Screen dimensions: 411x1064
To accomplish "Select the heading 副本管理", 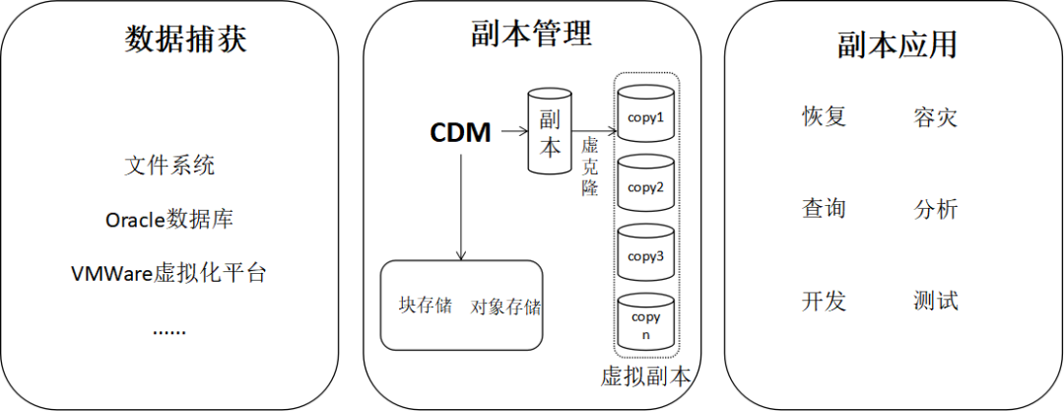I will (532, 35).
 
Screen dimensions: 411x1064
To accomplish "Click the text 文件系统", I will (169, 166).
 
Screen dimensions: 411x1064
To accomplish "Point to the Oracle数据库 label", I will (169, 219).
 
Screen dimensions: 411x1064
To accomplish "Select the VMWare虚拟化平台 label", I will (169, 273).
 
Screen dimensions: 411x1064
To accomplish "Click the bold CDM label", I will (460, 132).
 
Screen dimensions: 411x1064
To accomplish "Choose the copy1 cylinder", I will (645, 116).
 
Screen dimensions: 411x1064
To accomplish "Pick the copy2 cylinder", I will (645, 185).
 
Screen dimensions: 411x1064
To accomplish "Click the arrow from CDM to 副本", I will (510, 130).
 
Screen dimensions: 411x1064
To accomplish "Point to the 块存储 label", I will (425, 305).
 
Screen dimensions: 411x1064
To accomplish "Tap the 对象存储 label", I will (505, 307).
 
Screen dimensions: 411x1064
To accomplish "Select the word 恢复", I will (825, 117).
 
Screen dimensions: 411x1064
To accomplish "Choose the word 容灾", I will (935, 119).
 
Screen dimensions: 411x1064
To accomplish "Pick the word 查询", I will (825, 209).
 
